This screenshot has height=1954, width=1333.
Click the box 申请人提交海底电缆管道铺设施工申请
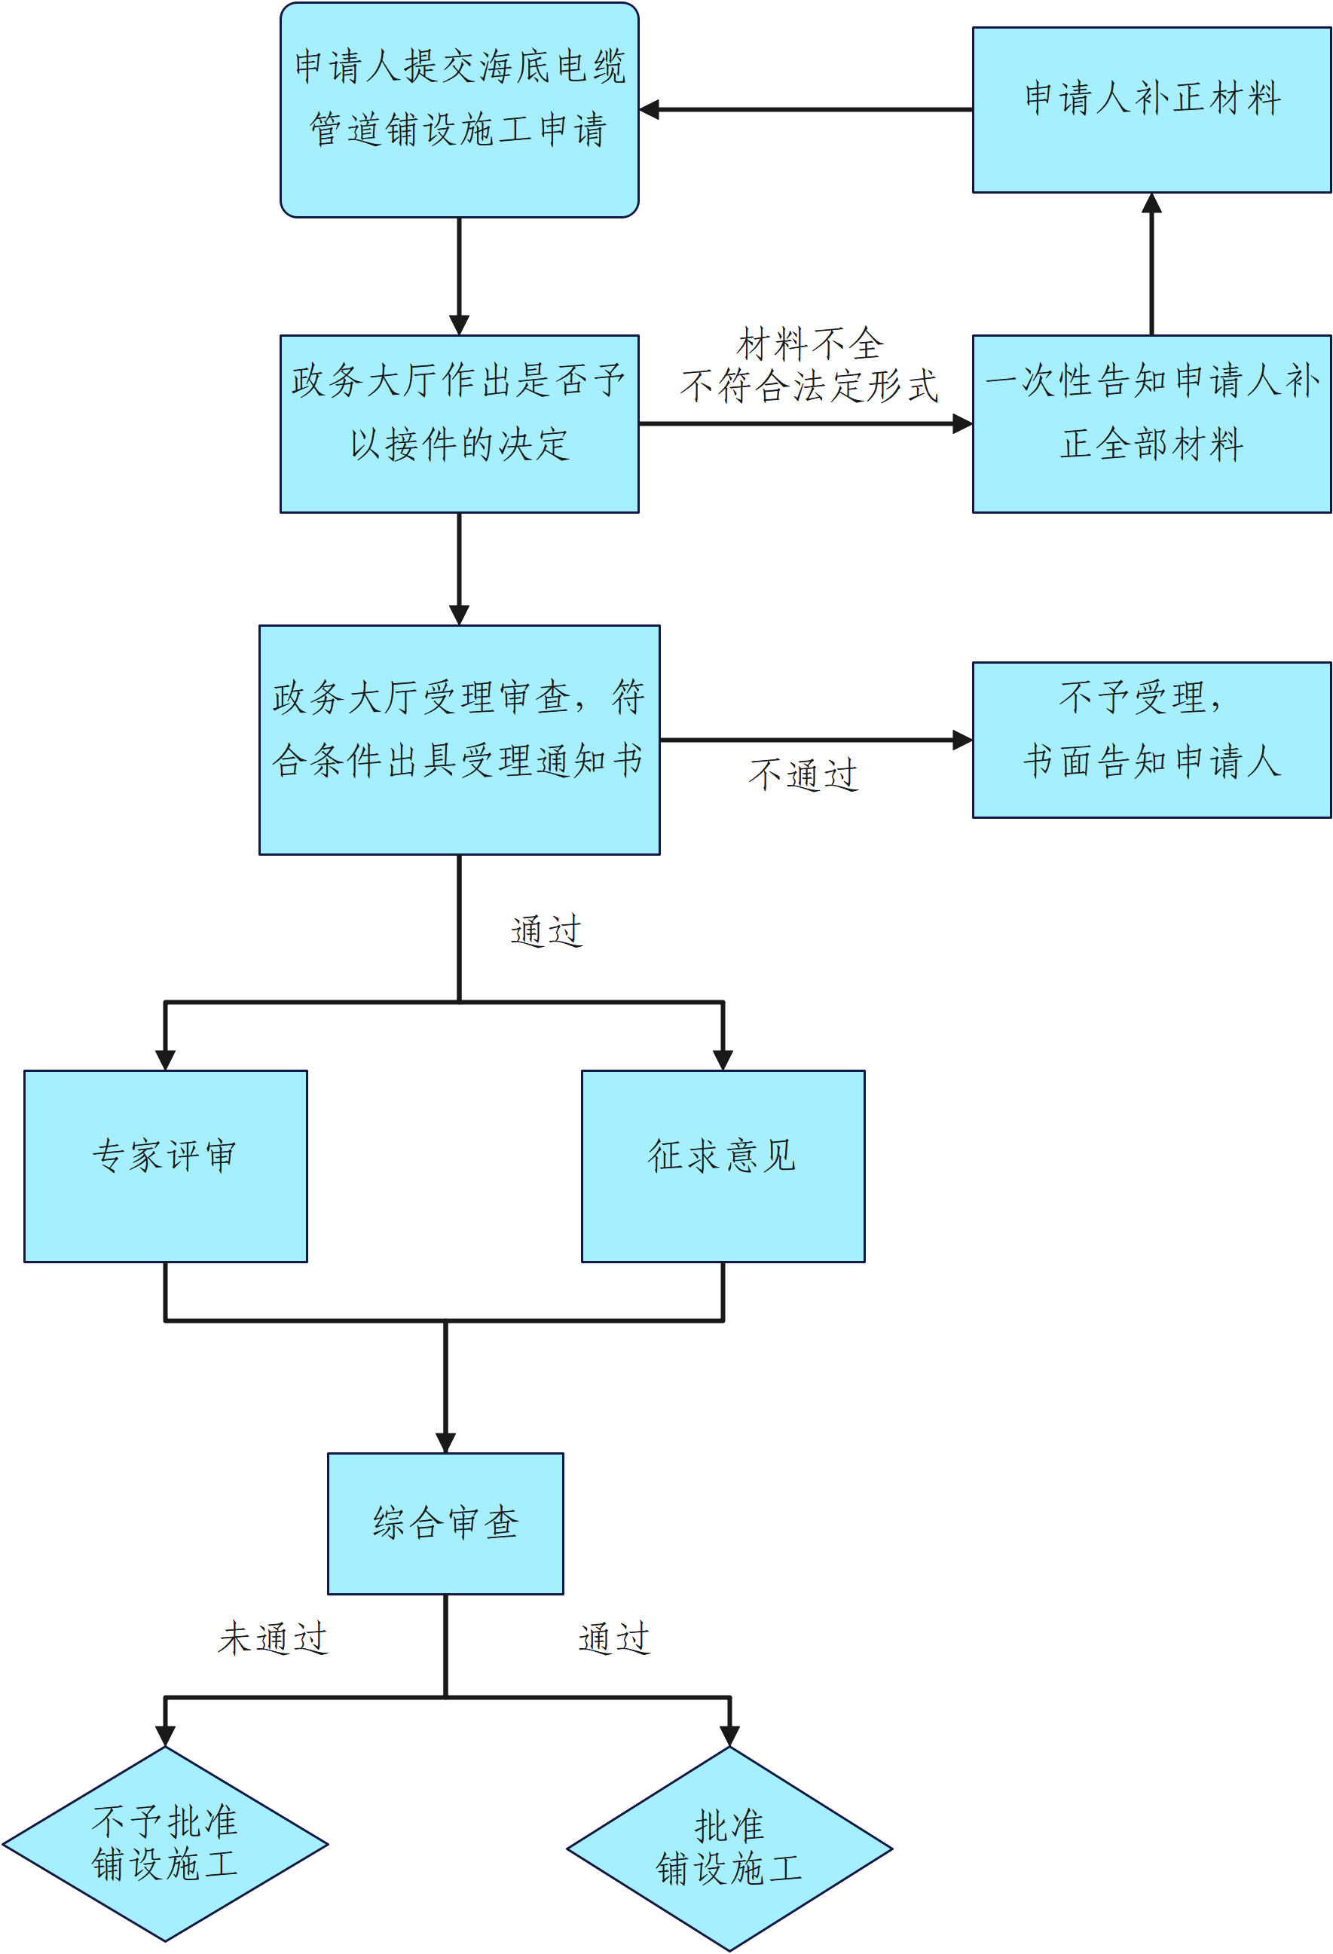coord(459,109)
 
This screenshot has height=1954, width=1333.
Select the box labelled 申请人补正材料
coord(1151,109)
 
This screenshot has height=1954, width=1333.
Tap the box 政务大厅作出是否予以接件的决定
coord(459,424)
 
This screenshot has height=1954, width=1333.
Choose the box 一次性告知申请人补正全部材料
coord(1151,424)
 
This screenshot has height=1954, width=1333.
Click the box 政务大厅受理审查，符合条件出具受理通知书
coord(459,740)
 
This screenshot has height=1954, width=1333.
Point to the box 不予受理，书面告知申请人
coord(1151,740)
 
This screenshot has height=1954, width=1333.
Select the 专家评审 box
coord(166,1166)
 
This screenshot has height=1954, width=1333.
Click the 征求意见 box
coord(723,1166)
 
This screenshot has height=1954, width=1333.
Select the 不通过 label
coord(803,774)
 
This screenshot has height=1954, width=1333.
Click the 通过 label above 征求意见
coord(546,931)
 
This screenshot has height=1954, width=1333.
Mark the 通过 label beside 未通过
coord(615,1638)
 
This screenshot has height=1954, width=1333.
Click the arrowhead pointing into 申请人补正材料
coord(1151,203)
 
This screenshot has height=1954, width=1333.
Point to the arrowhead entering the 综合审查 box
coord(445,1443)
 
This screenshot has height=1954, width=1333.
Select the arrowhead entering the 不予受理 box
coord(963,740)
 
